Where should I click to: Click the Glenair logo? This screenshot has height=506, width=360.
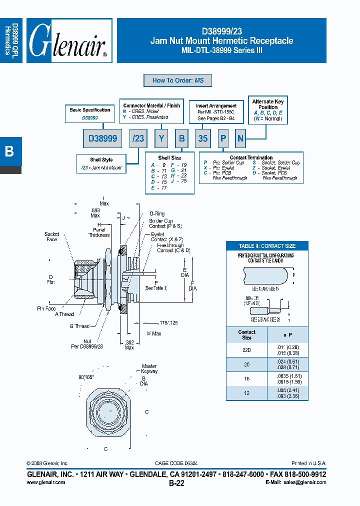tap(68, 41)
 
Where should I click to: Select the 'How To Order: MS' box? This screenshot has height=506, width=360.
tap(177, 80)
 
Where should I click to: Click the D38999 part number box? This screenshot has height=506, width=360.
tap(102, 138)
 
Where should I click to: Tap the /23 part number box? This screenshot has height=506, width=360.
tap(137, 138)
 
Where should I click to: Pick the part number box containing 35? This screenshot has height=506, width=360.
tap(202, 138)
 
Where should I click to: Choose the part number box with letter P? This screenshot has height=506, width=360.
tap(222, 138)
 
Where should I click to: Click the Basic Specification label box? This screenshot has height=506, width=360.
tap(90, 110)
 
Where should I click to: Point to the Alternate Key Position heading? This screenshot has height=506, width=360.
tap(268, 104)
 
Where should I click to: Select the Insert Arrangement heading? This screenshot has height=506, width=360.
tap(216, 106)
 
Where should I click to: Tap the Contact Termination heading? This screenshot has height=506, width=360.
tap(251, 158)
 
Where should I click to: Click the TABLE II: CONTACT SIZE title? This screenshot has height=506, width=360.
tap(266, 246)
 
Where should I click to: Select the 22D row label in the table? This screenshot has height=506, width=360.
tap(246, 350)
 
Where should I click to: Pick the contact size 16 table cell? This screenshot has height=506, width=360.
tap(246, 379)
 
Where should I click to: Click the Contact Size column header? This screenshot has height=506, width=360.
tap(246, 334)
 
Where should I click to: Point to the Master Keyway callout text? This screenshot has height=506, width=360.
tap(149, 368)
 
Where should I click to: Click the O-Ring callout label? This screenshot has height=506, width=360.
tap(157, 213)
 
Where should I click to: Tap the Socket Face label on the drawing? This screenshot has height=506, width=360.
tap(51, 236)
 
